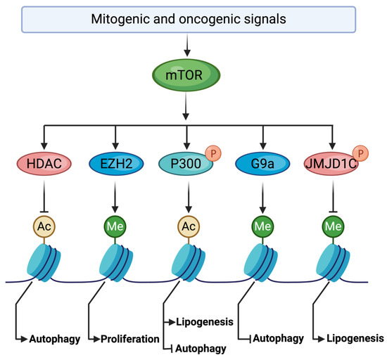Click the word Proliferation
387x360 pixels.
[x=131, y=338]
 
